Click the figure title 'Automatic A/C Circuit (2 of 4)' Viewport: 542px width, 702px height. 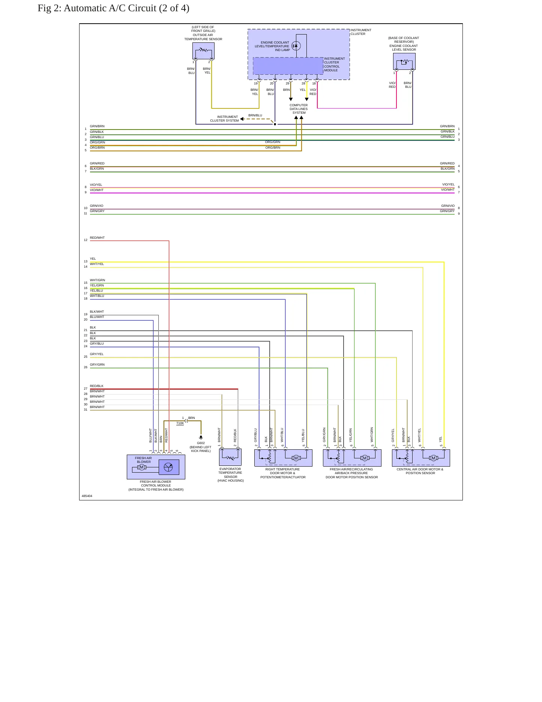tap(126, 8)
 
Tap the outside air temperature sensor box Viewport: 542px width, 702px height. tap(203, 51)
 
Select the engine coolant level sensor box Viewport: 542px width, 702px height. tap(404, 62)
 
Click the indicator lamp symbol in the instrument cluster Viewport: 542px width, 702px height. tap(296, 46)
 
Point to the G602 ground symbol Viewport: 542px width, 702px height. tap(201, 437)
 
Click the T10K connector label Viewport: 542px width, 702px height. tap(180, 423)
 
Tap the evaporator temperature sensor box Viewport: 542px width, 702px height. tap(230, 457)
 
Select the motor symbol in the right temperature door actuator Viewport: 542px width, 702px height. tap(296, 458)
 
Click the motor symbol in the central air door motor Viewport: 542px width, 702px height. tap(434, 458)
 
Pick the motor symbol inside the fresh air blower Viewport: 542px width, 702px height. tap(141, 467)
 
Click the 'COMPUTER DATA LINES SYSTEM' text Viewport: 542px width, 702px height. tap(299, 109)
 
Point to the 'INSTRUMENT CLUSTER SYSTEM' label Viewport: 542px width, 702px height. tap(224, 119)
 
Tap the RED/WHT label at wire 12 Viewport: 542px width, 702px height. tap(97, 238)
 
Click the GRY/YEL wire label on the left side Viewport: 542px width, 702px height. tap(97, 354)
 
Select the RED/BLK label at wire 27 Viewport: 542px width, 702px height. tap(96, 386)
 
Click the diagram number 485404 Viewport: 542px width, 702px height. tap(87, 496)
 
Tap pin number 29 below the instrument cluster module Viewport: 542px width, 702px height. tap(288, 83)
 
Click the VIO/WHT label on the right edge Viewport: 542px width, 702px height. tap(448, 190)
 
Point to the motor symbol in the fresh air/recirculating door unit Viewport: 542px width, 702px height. tap(365, 458)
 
